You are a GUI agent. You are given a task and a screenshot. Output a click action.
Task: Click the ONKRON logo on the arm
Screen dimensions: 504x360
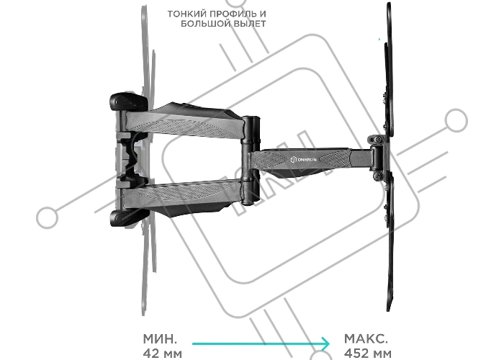tap(303, 159)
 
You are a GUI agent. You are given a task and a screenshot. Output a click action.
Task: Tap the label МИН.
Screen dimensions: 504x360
tap(160, 338)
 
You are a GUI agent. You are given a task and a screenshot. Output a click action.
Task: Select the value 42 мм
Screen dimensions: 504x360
tap(162, 354)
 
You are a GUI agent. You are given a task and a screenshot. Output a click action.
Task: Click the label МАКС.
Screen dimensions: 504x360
tap(366, 338)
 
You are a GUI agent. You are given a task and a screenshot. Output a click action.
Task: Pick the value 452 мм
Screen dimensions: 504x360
tap(368, 354)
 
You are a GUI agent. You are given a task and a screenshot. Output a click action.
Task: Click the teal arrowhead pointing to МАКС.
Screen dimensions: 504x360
tap(326, 343)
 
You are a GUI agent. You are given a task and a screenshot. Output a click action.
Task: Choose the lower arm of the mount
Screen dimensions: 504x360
tap(183, 197)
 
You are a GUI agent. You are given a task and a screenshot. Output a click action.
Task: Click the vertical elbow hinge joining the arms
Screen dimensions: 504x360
tap(251, 161)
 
